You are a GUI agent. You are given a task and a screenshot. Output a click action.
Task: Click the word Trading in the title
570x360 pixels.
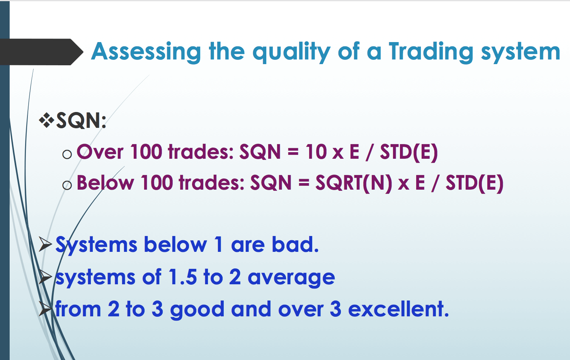[431, 52]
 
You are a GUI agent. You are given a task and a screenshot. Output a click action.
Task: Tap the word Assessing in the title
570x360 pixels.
[146, 52]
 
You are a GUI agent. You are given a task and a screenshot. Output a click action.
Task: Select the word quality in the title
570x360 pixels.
[291, 53]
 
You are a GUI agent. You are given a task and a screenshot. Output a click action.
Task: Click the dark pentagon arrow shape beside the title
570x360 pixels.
[41, 52]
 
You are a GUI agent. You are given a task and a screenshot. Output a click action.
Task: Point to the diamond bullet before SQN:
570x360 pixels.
[47, 120]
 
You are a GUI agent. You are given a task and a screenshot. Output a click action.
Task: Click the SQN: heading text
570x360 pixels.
[81, 121]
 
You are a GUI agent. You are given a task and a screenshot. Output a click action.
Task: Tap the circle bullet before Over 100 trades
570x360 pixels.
[67, 154]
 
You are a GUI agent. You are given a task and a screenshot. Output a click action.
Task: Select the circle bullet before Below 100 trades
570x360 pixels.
[67, 185]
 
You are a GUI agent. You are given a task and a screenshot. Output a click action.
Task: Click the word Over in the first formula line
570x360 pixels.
[100, 152]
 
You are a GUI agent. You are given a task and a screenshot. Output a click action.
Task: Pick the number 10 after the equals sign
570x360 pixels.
[316, 152]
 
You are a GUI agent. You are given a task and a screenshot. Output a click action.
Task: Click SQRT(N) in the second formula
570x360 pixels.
[354, 183]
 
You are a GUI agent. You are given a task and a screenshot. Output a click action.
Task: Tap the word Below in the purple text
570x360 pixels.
[105, 183]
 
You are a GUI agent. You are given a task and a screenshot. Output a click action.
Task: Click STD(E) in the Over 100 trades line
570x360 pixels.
[409, 153]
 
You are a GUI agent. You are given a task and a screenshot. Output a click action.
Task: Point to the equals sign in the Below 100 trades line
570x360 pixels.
[304, 183]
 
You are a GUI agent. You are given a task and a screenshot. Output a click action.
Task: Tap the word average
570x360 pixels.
[291, 278]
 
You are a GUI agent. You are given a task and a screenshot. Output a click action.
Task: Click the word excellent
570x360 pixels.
[398, 309]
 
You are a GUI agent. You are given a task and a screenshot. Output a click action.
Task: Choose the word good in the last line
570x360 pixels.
[197, 310]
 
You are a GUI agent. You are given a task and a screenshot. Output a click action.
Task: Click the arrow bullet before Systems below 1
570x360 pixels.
[45, 244]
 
